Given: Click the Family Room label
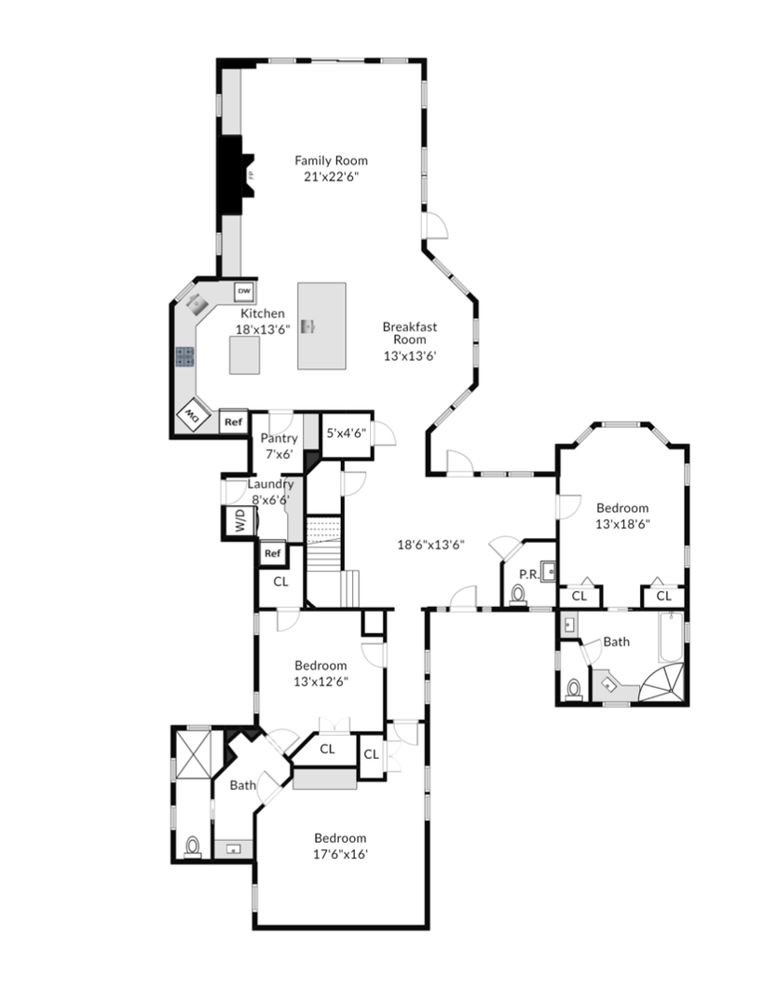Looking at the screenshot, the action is click(331, 160).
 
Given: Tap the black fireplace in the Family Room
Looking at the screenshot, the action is click(232, 174).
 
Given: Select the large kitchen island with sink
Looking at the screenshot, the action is click(321, 325).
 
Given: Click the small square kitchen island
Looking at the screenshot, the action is click(245, 354).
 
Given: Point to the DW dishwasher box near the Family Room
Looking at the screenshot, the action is click(244, 292).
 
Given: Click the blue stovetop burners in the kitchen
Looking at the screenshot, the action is click(184, 356).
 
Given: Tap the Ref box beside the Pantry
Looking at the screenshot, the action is click(234, 422).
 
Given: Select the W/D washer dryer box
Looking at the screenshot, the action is click(239, 520).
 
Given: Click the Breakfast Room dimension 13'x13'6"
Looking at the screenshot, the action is click(410, 356).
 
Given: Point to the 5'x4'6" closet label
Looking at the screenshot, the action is click(347, 433).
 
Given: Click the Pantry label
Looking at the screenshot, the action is click(279, 438).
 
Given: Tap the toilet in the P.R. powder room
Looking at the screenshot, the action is click(518, 594).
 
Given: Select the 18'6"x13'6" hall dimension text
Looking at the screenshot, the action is click(430, 545).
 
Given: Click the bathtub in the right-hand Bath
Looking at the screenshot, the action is click(671, 637).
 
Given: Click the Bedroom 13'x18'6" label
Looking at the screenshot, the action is click(622, 516).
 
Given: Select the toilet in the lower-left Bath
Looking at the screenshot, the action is click(193, 847).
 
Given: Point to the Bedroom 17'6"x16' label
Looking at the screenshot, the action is click(340, 846).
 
